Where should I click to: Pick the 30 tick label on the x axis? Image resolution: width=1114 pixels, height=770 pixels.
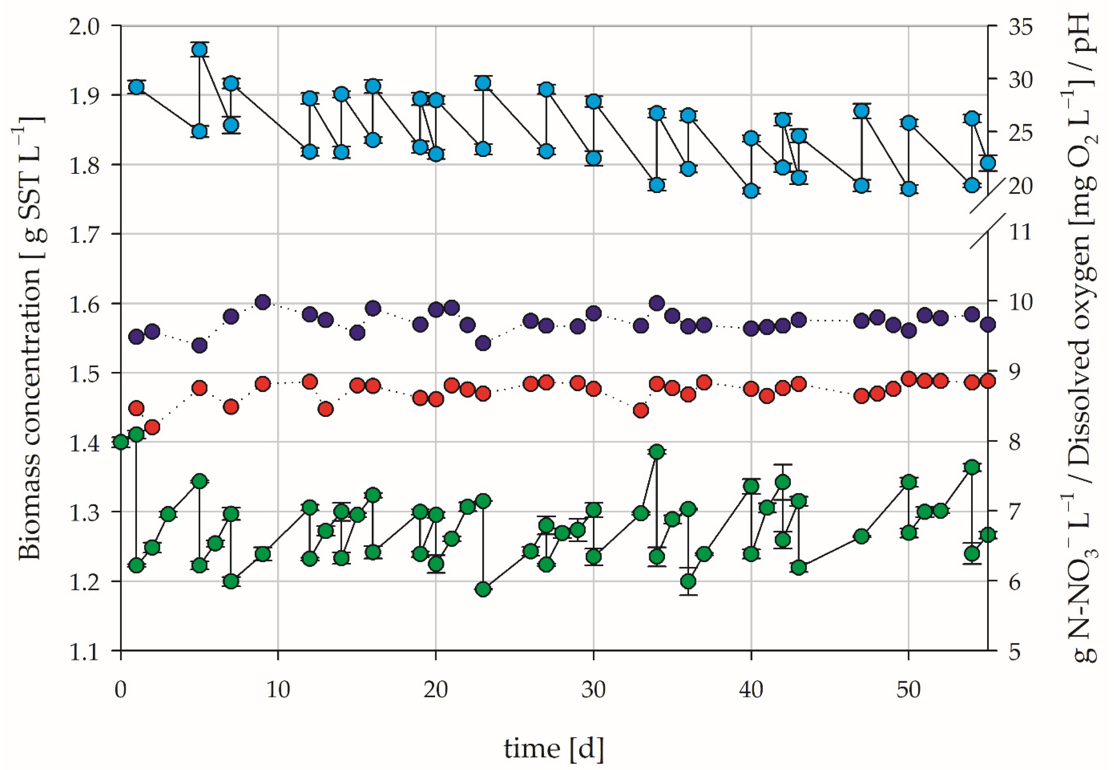click(x=593, y=690)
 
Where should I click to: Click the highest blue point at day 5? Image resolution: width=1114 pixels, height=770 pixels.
click(x=200, y=50)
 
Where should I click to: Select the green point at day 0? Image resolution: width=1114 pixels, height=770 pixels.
click(x=121, y=442)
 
